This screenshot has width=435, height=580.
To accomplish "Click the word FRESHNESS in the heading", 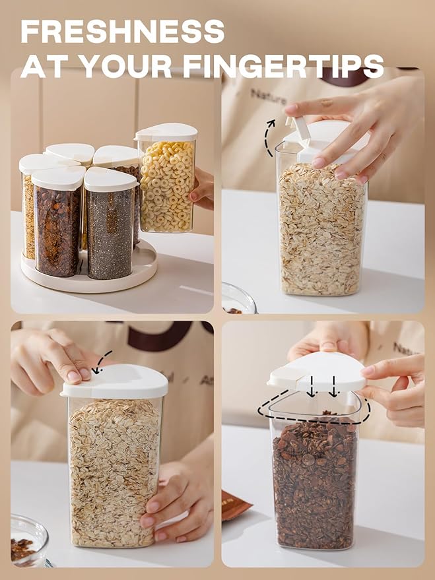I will coord(122,32).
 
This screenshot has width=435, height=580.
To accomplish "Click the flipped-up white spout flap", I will coord(301,129).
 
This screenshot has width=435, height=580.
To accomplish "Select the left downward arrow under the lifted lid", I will coord(312,386).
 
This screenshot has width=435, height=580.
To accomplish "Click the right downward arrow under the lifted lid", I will coord(334,386).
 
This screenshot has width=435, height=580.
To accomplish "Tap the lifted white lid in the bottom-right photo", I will coord(318,371).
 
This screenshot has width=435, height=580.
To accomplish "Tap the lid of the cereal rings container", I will coord(166,132).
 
